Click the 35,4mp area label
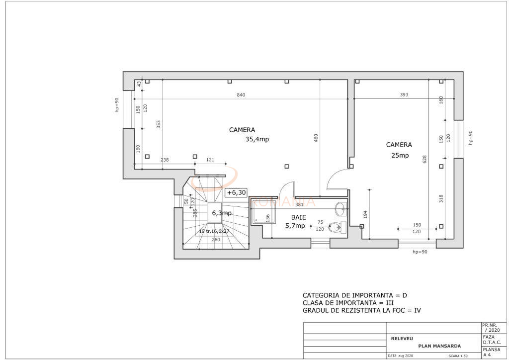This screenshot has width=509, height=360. click(x=257, y=140)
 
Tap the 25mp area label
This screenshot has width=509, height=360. click(x=399, y=156)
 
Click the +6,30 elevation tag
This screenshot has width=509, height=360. click(x=237, y=193)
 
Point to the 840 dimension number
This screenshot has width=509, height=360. click(x=241, y=95)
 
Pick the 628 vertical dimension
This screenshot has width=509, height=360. click(x=424, y=159)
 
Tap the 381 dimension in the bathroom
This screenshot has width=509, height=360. click(x=299, y=204)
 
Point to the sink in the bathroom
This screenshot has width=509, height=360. click(x=340, y=207)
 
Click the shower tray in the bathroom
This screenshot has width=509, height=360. click(x=260, y=211)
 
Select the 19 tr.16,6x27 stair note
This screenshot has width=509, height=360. click(x=214, y=231)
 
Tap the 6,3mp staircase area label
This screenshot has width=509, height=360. click(x=222, y=213)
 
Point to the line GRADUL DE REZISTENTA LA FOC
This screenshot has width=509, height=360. click(x=362, y=311)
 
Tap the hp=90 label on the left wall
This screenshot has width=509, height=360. click(x=117, y=105)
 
